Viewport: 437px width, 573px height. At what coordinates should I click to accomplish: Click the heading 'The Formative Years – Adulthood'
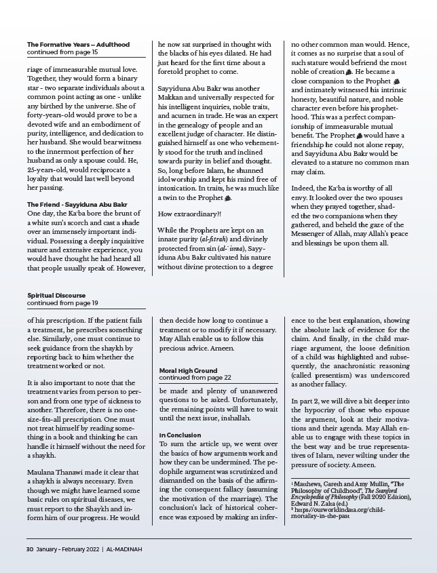[78, 45]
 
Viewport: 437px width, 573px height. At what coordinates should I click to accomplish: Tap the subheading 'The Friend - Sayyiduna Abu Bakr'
[77, 204]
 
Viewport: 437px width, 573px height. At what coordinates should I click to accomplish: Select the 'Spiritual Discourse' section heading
[56, 296]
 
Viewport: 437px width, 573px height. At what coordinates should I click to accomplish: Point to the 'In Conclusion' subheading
[181, 434]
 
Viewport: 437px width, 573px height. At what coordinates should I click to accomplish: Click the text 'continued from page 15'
[62, 52]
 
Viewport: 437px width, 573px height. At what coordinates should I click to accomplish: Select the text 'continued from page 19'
[62, 303]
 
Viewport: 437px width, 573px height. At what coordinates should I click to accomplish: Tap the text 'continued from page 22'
[195, 378]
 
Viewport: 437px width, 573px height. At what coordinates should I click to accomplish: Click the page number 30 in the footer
[30, 549]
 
